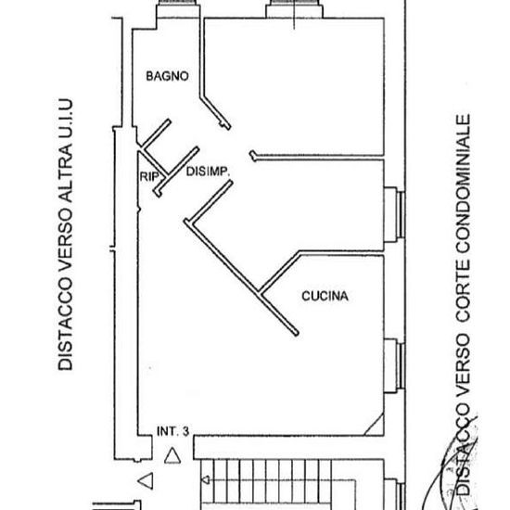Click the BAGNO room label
pos(167,76)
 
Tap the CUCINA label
pos(325,296)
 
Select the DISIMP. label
pos(208,172)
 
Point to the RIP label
pos(149,176)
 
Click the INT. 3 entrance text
pos(172,431)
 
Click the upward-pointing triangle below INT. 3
pos(172,455)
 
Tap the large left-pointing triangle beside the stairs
pos(146,480)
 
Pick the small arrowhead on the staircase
pos(206,479)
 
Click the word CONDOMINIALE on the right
pos(463,185)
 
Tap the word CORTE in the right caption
pos(463,291)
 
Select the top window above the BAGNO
pos(178,8)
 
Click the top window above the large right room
pos(294,8)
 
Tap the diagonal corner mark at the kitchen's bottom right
pos(374,424)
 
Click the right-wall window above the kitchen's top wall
pos(394,215)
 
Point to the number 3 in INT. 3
pos(185,431)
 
